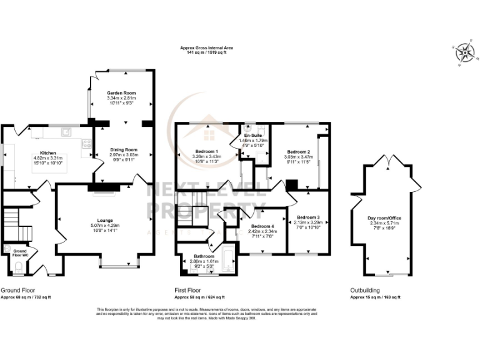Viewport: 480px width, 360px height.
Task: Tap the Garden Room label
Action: point(121,93)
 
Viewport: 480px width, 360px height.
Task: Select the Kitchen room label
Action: point(48,152)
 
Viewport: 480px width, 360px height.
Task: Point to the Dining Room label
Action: point(123,149)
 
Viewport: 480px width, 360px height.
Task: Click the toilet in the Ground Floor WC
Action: point(17,269)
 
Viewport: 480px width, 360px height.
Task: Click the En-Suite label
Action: point(252,136)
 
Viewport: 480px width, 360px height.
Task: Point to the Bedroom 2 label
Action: point(298,152)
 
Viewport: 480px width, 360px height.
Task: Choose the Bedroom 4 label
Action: point(262,226)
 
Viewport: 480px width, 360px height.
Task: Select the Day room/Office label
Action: point(384,218)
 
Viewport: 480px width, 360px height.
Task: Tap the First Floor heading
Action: point(187,290)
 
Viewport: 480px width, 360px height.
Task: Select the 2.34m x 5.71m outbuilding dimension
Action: point(384,223)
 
